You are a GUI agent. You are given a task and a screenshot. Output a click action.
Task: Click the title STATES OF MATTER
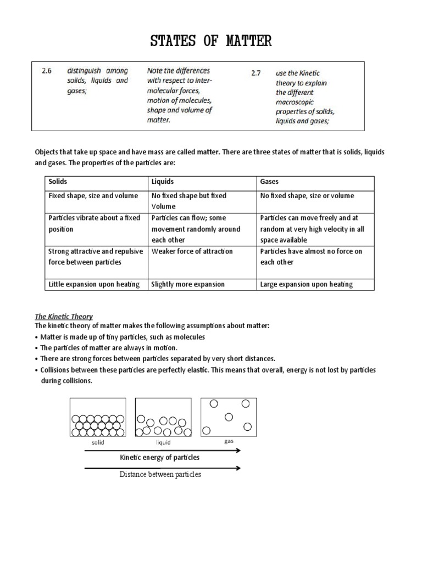pos(211,41)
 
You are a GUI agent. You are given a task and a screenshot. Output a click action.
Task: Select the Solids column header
pos(59,181)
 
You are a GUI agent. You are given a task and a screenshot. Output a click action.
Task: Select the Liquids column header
pos(163,181)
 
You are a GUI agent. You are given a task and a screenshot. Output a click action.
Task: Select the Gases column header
pos(269,181)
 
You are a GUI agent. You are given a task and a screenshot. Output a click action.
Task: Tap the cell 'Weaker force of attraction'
pos(192,251)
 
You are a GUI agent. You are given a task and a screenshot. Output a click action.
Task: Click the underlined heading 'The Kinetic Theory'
pos(64,317)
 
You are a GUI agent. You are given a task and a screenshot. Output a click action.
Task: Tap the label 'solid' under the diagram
pos(97,442)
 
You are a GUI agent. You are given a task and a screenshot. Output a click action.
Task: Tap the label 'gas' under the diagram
pos(229,441)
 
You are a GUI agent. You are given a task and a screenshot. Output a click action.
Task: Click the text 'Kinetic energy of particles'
pos(159,457)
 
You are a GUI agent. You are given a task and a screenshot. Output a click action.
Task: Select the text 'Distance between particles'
pos(160,474)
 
